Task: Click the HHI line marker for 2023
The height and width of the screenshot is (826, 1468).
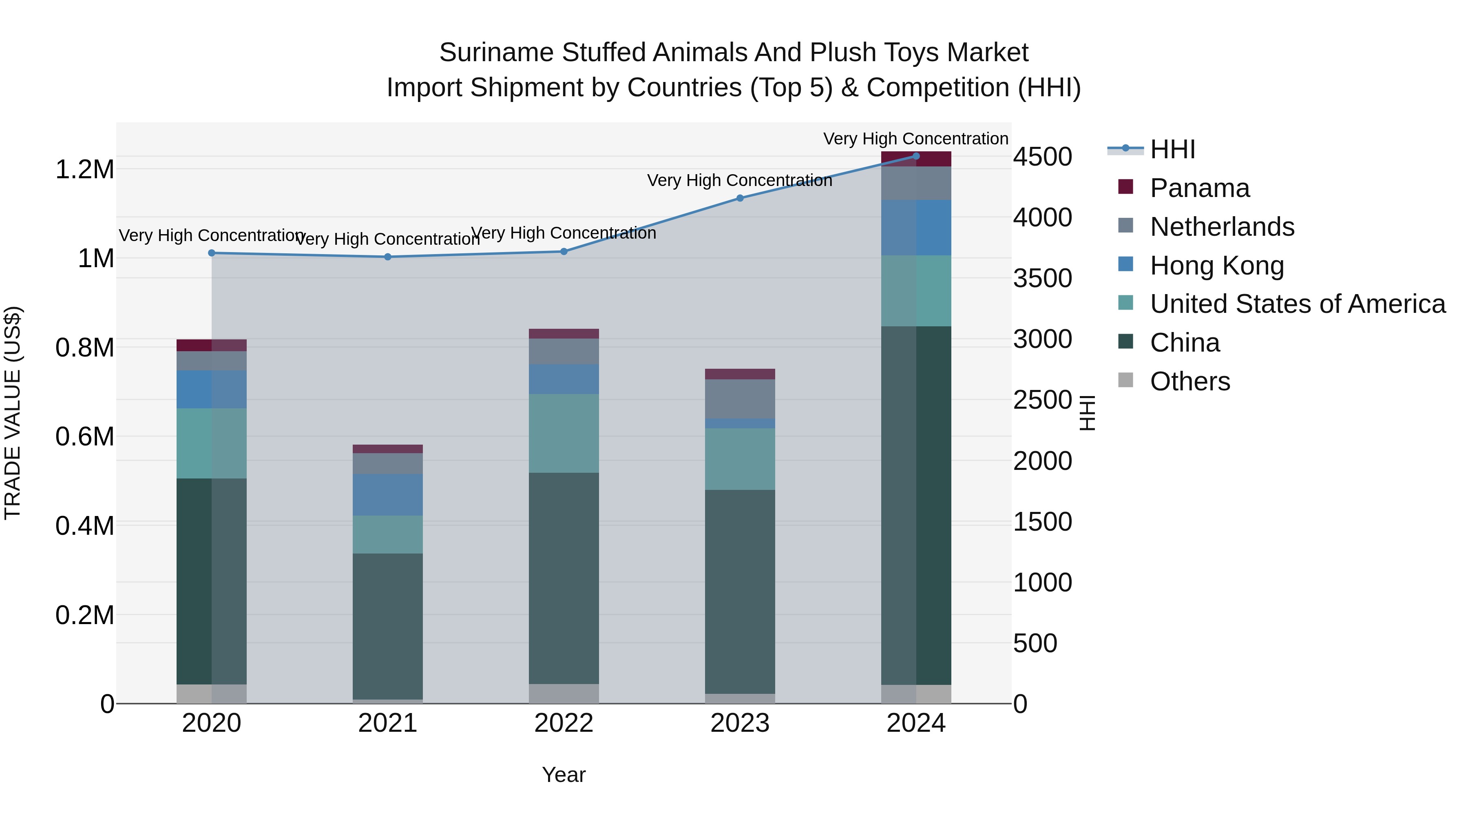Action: tap(740, 198)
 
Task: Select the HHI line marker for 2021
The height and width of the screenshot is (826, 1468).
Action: tap(387, 257)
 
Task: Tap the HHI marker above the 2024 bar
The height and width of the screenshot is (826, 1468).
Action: tap(916, 156)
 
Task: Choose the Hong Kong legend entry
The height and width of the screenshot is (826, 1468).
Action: tap(1217, 266)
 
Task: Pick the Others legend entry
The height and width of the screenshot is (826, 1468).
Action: tap(1189, 381)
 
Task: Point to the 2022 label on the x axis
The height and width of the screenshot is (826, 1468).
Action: tap(564, 723)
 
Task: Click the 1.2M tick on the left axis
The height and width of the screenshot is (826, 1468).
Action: tap(84, 170)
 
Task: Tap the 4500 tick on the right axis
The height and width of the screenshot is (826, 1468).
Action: tap(1042, 157)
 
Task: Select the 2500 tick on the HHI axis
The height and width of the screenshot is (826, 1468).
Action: tap(1042, 400)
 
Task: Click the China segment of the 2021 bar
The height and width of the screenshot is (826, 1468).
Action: tap(387, 626)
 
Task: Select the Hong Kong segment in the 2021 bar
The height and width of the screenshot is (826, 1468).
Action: tap(387, 495)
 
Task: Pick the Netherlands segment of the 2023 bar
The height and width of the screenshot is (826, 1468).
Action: tap(740, 399)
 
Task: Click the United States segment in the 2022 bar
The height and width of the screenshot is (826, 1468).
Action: tap(564, 433)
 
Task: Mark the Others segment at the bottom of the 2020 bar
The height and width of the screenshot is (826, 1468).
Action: tap(211, 694)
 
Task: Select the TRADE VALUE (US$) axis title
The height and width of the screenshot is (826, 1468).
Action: tap(13, 413)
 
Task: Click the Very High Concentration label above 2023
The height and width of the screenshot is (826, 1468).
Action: tap(739, 181)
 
